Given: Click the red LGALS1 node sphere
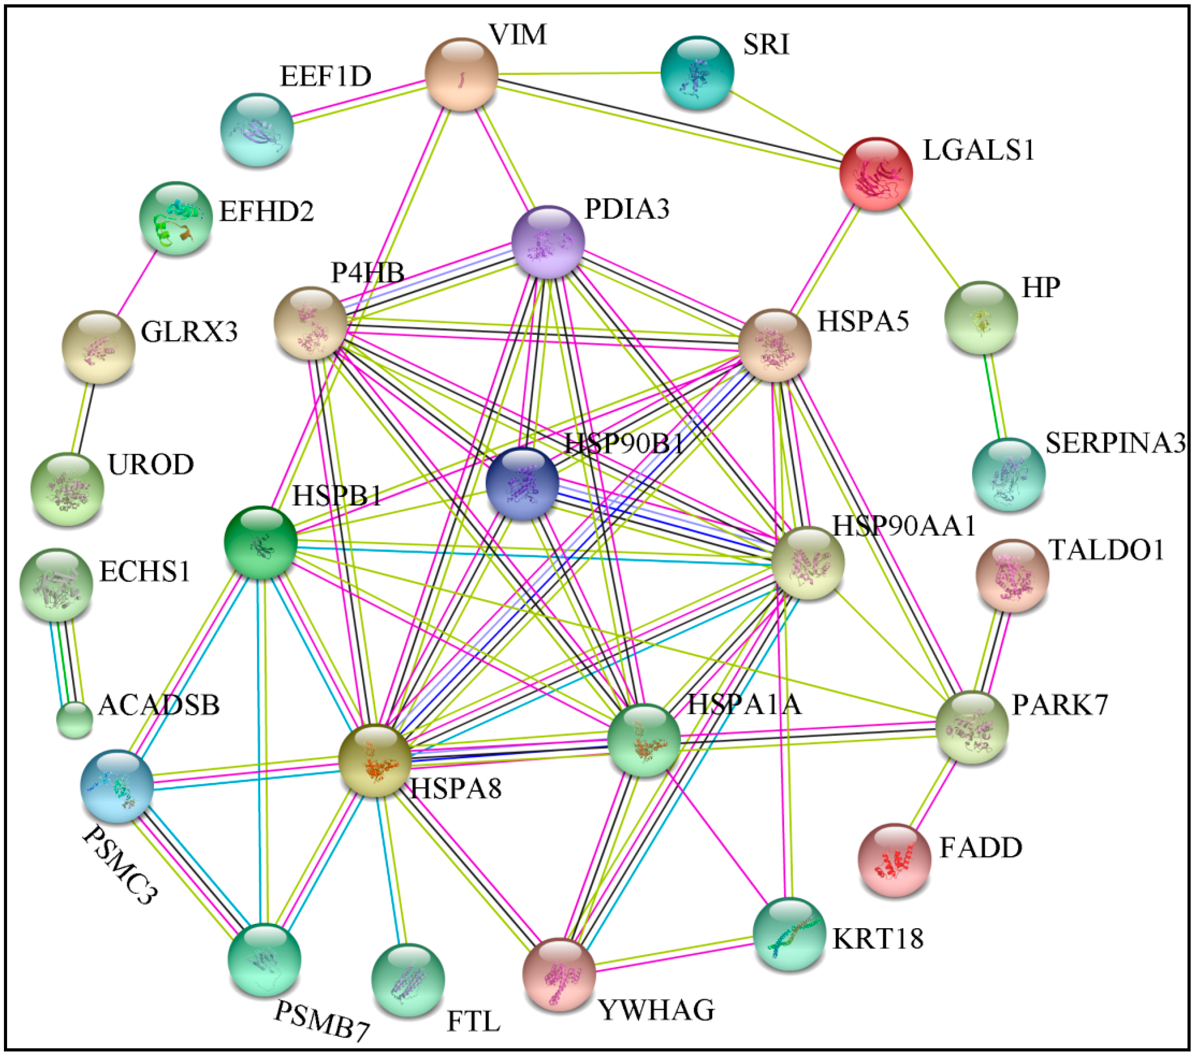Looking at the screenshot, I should tap(875, 173).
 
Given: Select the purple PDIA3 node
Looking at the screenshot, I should tap(547, 242).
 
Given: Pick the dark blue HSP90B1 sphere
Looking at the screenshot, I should tap(522, 483).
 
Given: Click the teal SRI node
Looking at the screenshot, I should tap(697, 72).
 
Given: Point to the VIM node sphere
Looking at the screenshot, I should tap(461, 74).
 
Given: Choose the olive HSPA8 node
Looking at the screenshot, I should tap(375, 760).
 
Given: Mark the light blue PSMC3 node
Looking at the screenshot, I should tap(117, 786).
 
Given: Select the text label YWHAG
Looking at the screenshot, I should tap(657, 1011).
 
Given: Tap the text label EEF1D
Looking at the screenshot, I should tap(326, 76).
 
